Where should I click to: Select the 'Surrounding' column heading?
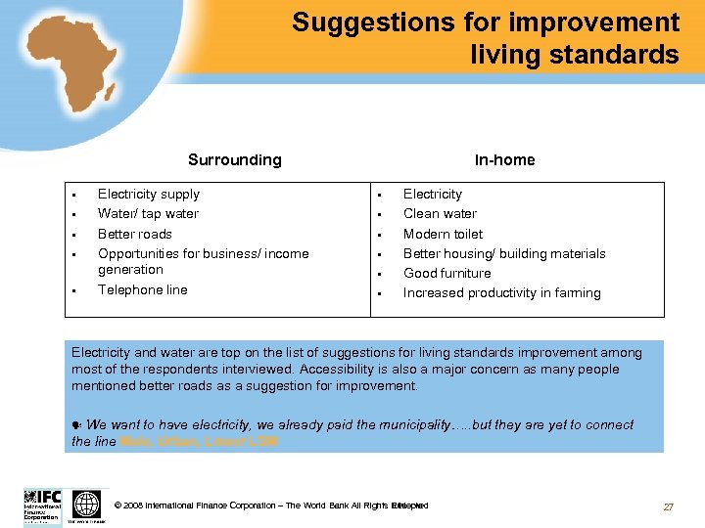coord(234,159)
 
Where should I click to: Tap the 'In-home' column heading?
coord(504,159)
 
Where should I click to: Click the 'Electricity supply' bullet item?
coord(148,194)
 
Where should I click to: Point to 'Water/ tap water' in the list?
coord(148,213)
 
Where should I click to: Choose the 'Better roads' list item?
coord(134,234)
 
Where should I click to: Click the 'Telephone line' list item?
coord(142,289)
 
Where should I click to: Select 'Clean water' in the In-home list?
coord(440,213)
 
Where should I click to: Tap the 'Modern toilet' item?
coord(443,234)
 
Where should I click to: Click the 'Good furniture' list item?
coord(446,273)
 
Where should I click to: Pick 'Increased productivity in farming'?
coord(501,292)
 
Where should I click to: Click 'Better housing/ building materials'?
coord(503,253)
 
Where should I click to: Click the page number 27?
coord(669,506)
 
